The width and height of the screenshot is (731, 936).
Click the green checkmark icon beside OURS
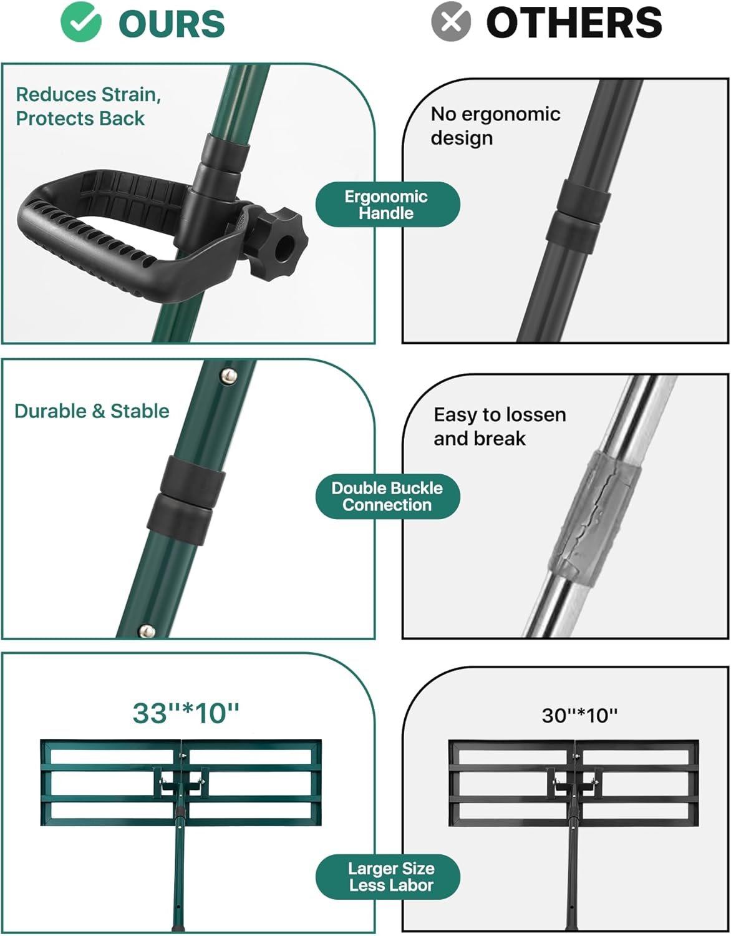point(81,22)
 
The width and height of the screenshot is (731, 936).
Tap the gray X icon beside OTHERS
point(451,22)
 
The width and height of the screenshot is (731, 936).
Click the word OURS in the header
point(172,23)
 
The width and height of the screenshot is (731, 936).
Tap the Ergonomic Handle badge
point(387,205)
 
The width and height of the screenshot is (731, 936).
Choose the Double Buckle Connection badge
point(387,496)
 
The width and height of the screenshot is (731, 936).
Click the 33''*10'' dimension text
point(185,713)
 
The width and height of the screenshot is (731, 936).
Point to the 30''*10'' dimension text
point(579,715)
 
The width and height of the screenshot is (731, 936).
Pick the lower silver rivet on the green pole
point(147,631)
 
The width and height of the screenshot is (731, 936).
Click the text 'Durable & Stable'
point(92,411)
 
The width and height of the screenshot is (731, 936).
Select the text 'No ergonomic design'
point(495,126)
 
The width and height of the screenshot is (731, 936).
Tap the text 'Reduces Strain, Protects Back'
point(88,106)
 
